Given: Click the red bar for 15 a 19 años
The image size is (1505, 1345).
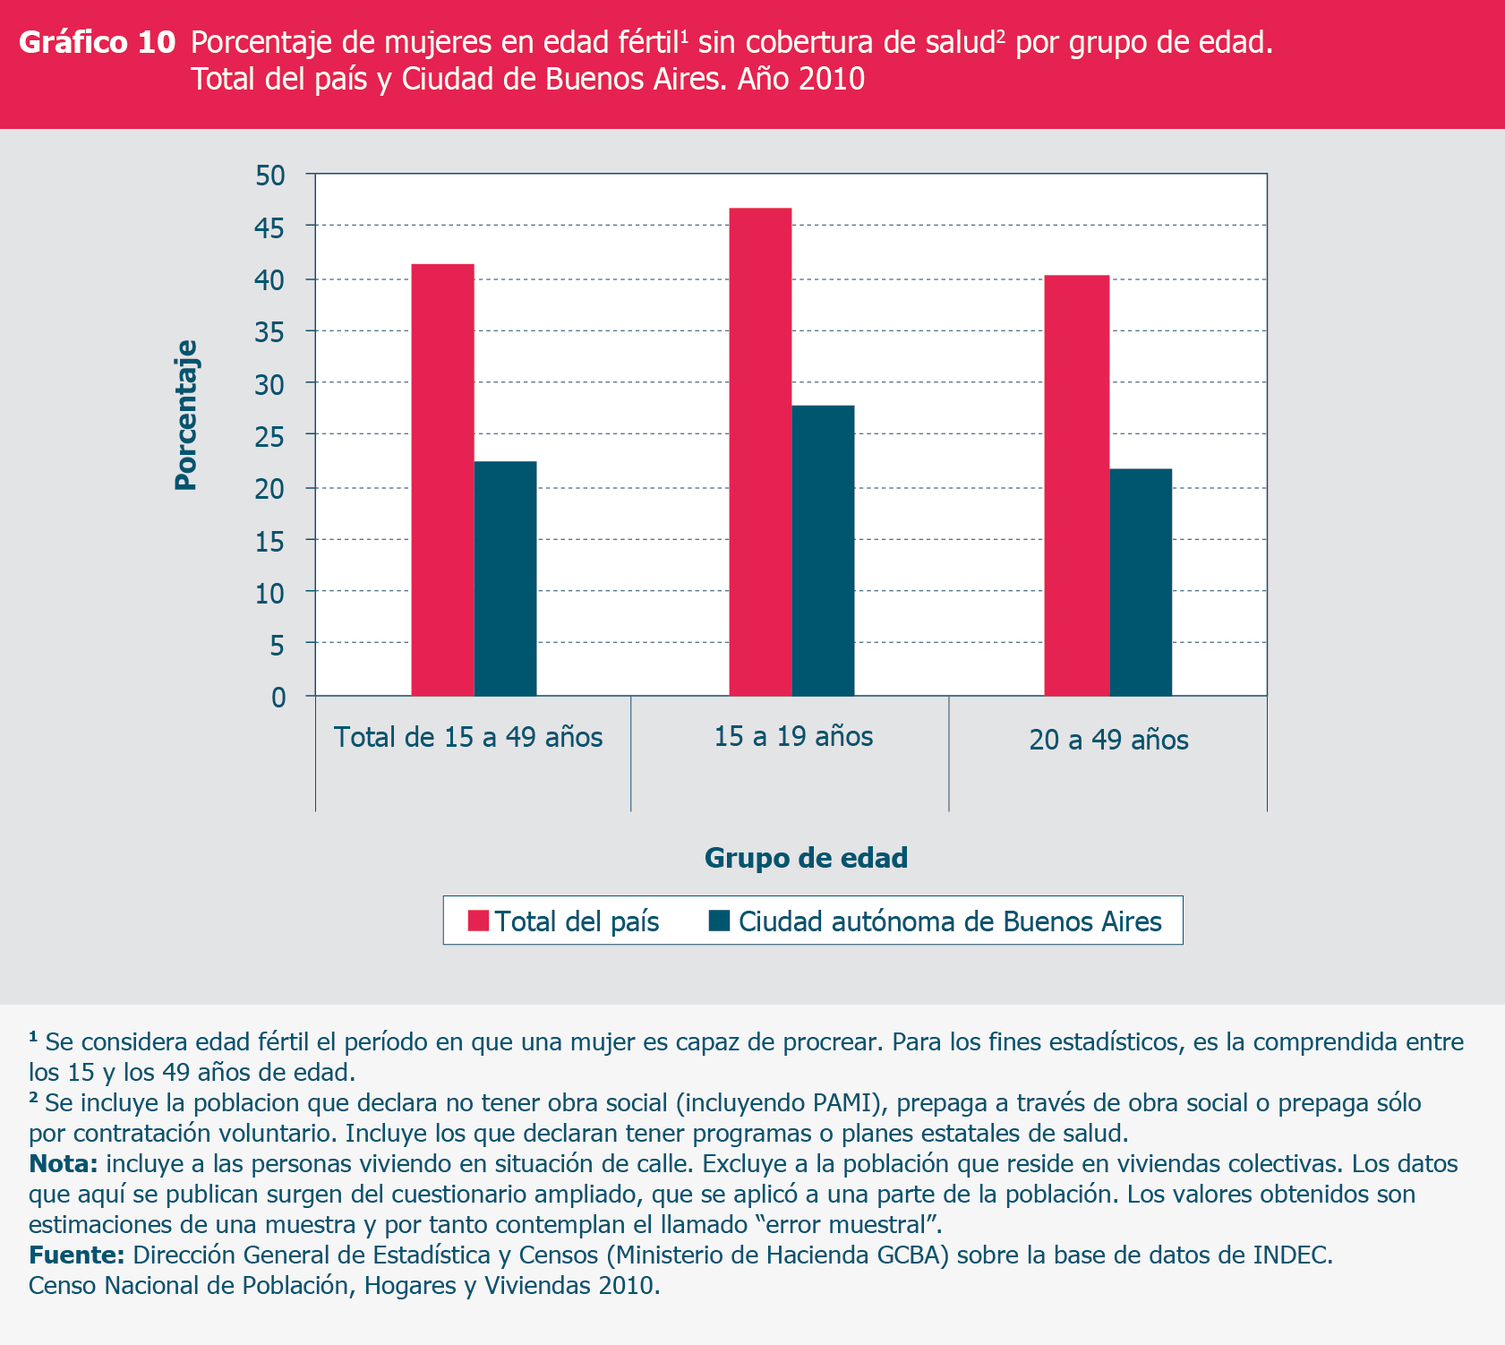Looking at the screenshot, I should pyautogui.click(x=760, y=451).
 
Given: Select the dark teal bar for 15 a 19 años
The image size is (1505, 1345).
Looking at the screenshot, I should pyautogui.click(x=823, y=550).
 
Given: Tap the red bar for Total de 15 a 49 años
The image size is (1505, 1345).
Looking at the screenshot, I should pyautogui.click(x=442, y=479).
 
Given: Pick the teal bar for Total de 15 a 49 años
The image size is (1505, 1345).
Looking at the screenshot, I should pyautogui.click(x=505, y=578).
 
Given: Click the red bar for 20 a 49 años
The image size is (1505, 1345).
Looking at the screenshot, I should pyautogui.click(x=1076, y=484).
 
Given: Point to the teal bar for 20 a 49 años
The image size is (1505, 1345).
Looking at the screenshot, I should pyautogui.click(x=1141, y=581).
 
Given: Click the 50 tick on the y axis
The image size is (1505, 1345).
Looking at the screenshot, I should pyautogui.click(x=270, y=176).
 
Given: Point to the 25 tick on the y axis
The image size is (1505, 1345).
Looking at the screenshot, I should pyautogui.click(x=270, y=436).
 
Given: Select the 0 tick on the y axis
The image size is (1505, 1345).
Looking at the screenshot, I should pyautogui.click(x=278, y=697).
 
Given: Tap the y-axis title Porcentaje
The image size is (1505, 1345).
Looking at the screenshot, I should pyautogui.click(x=185, y=415).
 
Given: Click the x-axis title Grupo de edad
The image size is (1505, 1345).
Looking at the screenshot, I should pyautogui.click(x=806, y=858).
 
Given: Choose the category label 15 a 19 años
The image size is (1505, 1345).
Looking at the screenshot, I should pyautogui.click(x=793, y=736).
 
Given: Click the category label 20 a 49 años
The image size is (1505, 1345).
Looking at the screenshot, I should pyautogui.click(x=1108, y=740).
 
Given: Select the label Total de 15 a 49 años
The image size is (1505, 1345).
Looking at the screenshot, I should pyautogui.click(x=468, y=737).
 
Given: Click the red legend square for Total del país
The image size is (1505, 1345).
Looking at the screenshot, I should pyautogui.click(x=478, y=921).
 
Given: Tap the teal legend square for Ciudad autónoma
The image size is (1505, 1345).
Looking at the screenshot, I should pyautogui.click(x=719, y=921).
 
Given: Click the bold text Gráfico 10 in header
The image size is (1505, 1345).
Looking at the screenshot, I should pyautogui.click(x=97, y=42).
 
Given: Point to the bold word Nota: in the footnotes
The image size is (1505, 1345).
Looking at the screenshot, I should pyautogui.click(x=63, y=1163).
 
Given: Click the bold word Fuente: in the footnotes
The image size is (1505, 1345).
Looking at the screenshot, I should pyautogui.click(x=76, y=1255).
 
